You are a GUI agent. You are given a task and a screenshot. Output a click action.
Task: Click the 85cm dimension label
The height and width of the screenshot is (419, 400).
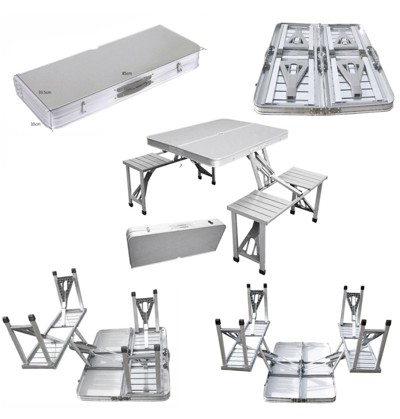(x=127, y=74)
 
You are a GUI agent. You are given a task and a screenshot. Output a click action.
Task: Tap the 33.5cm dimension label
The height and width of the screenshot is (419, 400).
(x=45, y=92)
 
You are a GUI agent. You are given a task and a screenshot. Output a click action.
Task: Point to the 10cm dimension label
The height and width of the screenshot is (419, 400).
(x=35, y=124)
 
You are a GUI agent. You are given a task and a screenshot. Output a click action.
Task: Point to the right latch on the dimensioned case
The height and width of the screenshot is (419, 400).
(x=179, y=66)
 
